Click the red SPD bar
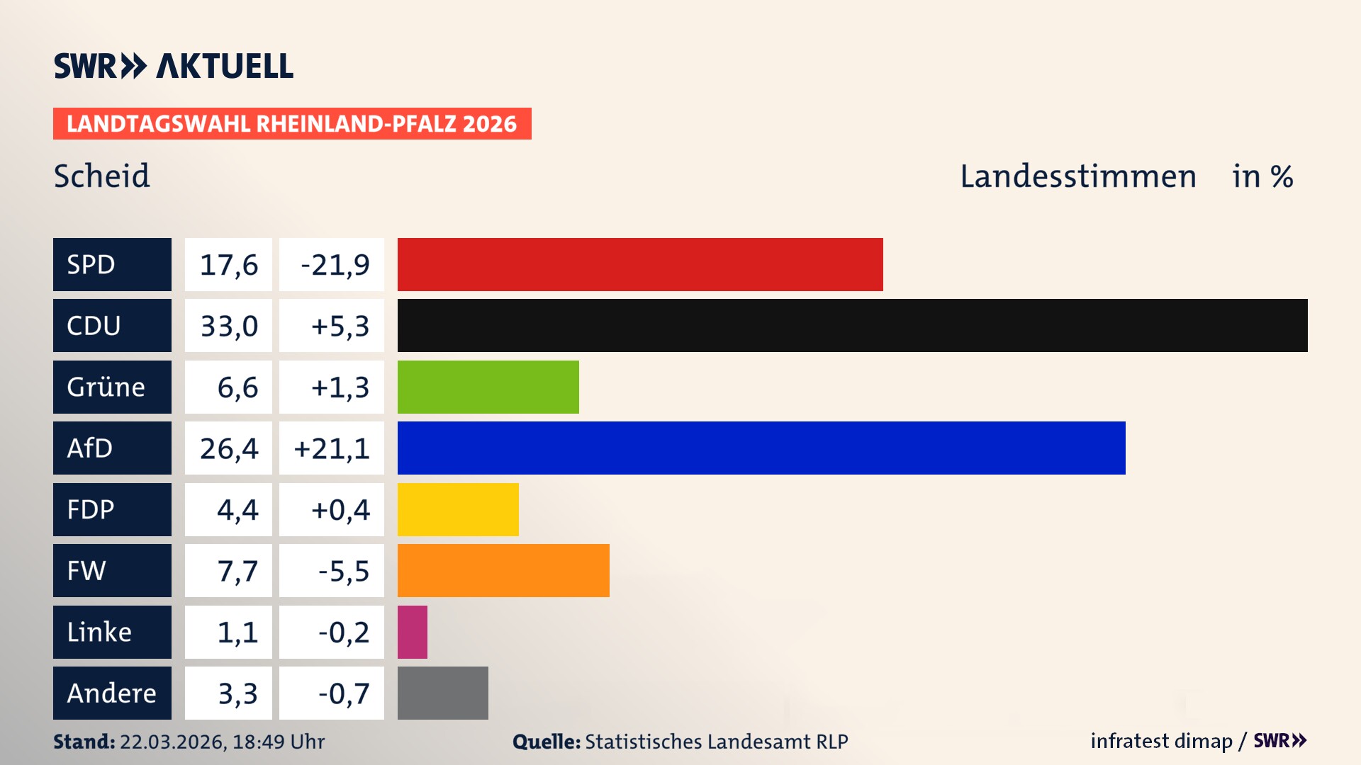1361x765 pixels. (x=640, y=264)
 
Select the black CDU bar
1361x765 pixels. (x=852, y=326)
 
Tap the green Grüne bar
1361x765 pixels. (x=488, y=387)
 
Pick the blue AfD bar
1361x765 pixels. (x=761, y=448)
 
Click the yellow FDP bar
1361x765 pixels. (x=458, y=509)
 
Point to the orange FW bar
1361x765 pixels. (x=503, y=570)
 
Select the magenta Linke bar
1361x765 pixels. (x=413, y=632)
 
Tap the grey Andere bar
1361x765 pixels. (x=442, y=693)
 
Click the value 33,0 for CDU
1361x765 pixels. (x=228, y=326)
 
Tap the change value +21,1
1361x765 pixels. (x=332, y=448)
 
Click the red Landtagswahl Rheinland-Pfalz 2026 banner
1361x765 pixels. (x=292, y=124)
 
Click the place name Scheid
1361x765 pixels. (x=102, y=176)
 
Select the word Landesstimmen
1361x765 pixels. (x=1077, y=176)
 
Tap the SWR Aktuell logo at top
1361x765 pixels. (x=174, y=66)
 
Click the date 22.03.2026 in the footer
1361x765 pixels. (x=172, y=742)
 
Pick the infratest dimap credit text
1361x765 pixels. (x=1161, y=741)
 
